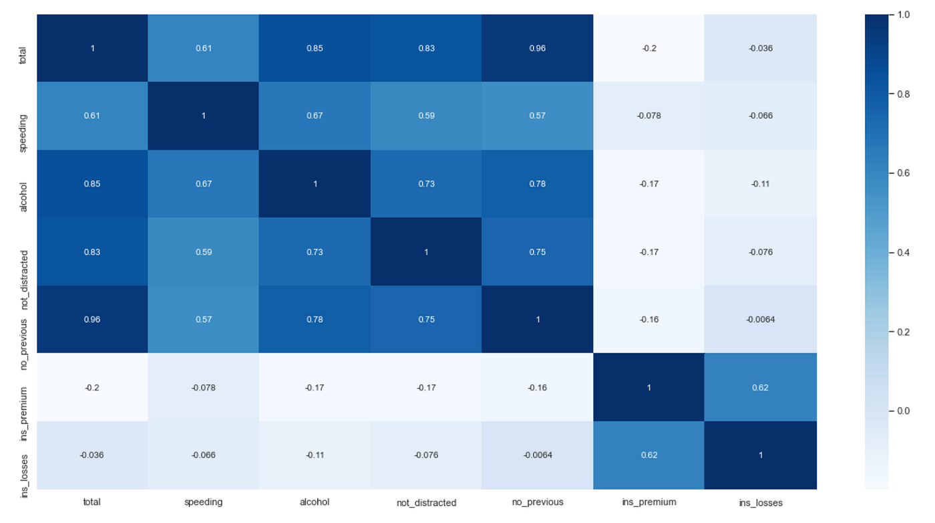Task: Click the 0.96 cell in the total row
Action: [537, 48]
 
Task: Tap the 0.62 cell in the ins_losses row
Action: [648, 455]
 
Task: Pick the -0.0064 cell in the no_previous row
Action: [760, 320]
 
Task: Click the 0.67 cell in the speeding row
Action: [315, 116]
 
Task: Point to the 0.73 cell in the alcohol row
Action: [426, 184]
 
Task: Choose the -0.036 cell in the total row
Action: [760, 48]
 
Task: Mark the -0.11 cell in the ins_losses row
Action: [315, 455]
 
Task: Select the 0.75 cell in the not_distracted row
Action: [537, 252]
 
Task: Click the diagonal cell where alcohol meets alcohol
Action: [315, 184]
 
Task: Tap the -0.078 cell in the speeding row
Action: [648, 116]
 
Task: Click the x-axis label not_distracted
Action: [426, 502]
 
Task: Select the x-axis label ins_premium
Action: [648, 502]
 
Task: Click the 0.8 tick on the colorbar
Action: [903, 94]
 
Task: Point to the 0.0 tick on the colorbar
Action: [903, 411]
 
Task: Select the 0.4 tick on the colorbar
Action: [903, 252]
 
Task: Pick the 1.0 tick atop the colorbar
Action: [903, 15]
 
